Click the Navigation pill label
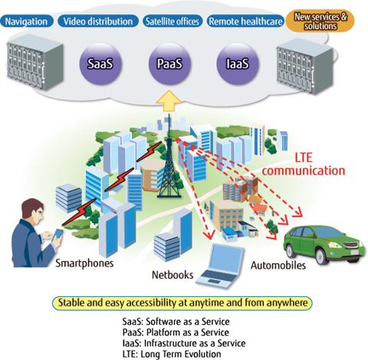pos(27,21)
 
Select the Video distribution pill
pos(98,21)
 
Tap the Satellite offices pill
pos(172,21)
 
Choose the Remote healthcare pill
pos(245,21)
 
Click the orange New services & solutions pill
pos(320,21)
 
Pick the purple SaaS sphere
pos(100,64)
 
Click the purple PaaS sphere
pos(169,64)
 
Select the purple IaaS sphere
pos(238,64)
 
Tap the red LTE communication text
pos(304,164)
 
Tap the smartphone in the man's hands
pos(58,235)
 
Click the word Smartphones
pos(84,263)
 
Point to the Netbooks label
pos(172,275)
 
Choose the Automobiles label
pos(278,266)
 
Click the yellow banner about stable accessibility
pos(182,303)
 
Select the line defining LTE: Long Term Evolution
pos(172,355)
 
